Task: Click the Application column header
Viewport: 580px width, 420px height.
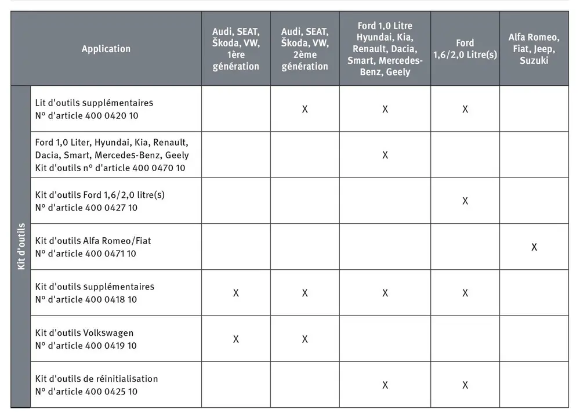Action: pos(106,49)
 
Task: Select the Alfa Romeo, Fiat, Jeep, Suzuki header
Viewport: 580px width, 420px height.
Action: pos(534,49)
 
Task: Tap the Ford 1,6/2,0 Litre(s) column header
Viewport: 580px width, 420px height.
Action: pos(465,49)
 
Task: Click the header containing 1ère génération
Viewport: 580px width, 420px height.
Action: pos(235,49)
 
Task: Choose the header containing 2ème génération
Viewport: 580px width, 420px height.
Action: pos(304,49)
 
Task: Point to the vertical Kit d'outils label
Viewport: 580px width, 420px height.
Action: pos(21,247)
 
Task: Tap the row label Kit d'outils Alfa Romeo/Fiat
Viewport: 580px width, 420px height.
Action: pos(93,240)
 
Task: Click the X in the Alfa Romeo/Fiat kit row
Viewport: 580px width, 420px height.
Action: pos(534,247)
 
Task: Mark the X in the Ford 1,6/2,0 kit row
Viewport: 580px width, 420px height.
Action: pos(465,201)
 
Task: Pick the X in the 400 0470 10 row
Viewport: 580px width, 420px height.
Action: pos(385,155)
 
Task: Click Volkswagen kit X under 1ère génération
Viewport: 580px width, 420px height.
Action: pos(235,339)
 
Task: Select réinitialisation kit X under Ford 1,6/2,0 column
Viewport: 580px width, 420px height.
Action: pos(465,385)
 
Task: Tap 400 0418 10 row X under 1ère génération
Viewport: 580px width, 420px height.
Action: pos(235,293)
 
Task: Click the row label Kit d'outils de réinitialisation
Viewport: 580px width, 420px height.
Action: pos(96,378)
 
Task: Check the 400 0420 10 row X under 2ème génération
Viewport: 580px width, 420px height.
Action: pos(304,109)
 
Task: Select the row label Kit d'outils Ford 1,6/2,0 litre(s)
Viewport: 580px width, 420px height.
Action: pos(100,194)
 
